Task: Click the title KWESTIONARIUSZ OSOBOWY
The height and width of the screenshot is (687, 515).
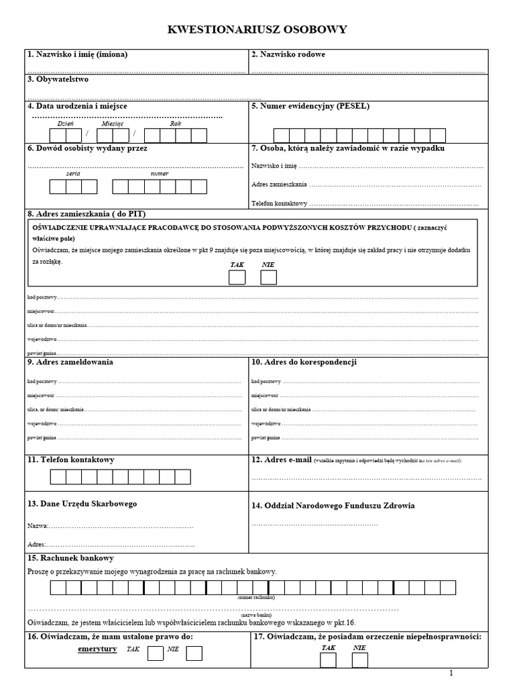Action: pos(257,30)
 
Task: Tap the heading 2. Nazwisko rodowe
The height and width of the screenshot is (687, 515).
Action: pos(288,54)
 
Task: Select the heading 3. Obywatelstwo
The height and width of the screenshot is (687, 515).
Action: pos(58,79)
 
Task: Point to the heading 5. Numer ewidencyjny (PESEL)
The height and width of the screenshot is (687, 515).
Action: pos(310,106)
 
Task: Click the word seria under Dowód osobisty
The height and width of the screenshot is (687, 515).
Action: pos(73,174)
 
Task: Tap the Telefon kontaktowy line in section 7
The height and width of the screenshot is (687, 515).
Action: pos(365,203)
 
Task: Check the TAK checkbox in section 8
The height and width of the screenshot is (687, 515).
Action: pos(237,278)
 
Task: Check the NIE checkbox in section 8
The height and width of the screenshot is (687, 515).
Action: pos(269,278)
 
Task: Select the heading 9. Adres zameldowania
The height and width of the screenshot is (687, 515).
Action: pos(70,362)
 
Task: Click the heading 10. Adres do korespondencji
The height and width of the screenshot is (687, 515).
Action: pos(304,362)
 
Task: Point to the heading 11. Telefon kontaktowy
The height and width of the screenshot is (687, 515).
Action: pos(71,460)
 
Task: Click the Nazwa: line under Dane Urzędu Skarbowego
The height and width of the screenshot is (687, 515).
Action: pos(110,526)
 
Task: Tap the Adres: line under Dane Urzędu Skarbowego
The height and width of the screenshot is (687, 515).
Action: pos(111,543)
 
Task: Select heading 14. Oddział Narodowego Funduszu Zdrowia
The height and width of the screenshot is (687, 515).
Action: pos(333,506)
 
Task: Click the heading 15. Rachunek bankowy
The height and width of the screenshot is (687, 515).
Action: pos(70,558)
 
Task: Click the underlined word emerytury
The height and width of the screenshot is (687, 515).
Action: pos(98,649)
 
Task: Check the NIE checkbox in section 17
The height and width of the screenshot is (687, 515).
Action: pos(360,660)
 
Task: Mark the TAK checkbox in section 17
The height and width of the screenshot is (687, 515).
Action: pos(329,660)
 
